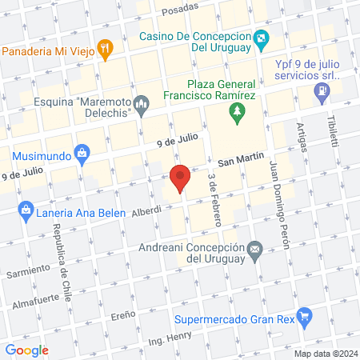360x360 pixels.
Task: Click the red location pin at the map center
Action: (180, 178)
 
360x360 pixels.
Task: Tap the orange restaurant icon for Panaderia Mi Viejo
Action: (104, 49)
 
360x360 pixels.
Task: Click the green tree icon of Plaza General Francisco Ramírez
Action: (236, 117)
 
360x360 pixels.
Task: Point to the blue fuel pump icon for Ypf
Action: (322, 92)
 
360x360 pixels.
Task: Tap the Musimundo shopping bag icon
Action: (80, 152)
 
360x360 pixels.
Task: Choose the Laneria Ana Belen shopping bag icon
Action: (25, 212)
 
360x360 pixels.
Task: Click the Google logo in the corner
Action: (27, 350)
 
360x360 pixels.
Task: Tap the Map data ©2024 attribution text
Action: (324, 354)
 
